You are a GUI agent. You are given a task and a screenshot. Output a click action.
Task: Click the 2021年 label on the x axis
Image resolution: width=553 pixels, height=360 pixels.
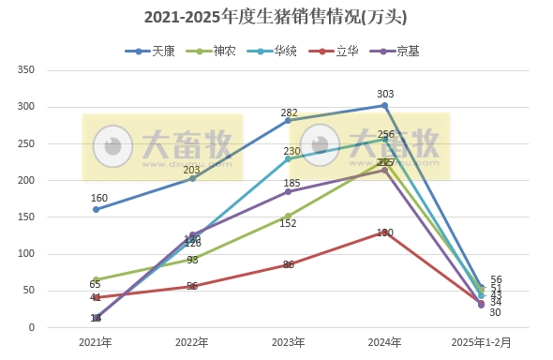click(x=96, y=342)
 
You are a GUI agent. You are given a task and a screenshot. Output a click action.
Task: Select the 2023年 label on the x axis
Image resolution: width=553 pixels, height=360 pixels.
click(x=288, y=342)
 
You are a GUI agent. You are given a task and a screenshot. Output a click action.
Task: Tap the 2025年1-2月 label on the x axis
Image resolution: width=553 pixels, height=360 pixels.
click(x=481, y=342)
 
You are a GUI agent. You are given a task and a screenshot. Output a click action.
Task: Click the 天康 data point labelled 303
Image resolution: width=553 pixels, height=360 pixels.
click(x=384, y=105)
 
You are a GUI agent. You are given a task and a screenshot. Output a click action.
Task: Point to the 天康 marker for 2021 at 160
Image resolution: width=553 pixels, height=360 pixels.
click(x=96, y=210)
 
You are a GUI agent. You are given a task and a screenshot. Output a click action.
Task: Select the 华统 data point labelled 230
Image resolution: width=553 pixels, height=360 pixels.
click(x=288, y=158)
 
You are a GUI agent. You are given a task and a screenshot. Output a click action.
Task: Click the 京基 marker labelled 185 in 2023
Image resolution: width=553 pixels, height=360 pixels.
click(x=288, y=191)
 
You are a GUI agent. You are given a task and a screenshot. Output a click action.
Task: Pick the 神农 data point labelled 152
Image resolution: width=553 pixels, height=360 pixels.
click(x=288, y=216)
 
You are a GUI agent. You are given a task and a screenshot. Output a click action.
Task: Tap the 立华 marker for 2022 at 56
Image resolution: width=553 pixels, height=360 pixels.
click(x=192, y=286)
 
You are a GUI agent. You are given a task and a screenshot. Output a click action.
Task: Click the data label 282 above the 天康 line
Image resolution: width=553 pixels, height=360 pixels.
click(x=289, y=112)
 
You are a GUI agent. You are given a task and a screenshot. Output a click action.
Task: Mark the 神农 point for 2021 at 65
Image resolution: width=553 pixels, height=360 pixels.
click(x=96, y=279)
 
